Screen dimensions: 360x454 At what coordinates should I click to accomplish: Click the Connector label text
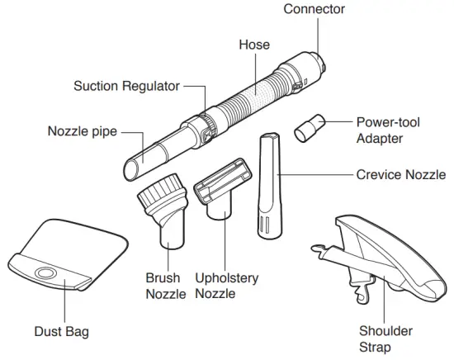click(314, 9)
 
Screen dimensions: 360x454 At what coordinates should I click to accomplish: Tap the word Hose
click(253, 44)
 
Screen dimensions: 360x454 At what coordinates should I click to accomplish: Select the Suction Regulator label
click(127, 85)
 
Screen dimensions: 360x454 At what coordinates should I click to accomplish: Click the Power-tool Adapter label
click(388, 130)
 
